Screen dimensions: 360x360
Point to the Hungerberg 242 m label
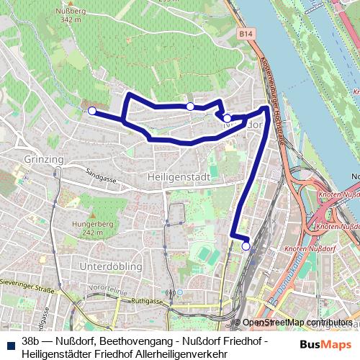coord(99,229)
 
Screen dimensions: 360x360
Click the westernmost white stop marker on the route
coord(91,111)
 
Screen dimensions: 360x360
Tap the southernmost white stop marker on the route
coord(246,246)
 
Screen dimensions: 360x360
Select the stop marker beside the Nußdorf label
coord(227,118)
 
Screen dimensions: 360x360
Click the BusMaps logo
coord(325,345)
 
